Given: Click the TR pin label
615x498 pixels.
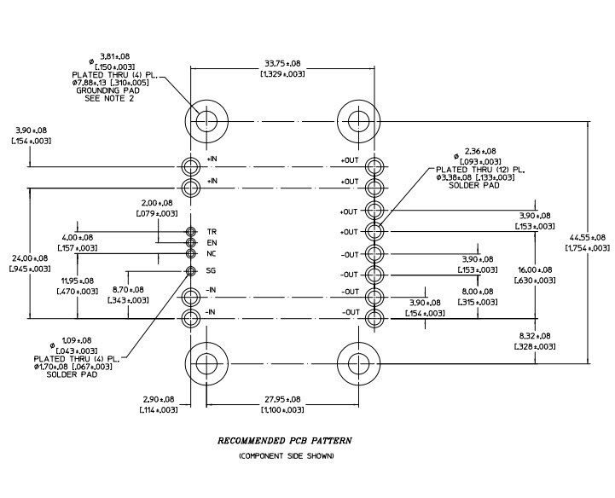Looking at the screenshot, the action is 212,232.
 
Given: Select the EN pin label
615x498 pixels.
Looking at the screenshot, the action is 212,243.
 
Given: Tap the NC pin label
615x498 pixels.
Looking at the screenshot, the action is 212,254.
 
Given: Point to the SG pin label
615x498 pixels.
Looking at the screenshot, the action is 211,270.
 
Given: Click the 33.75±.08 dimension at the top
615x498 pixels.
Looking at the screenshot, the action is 283,63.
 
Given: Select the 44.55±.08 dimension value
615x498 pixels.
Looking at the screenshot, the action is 587,237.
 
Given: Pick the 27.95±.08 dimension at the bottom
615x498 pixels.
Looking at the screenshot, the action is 282,399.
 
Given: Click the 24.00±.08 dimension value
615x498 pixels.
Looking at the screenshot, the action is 30,258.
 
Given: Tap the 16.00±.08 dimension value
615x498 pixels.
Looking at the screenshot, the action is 535,269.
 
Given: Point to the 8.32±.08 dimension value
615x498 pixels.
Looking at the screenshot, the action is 535,336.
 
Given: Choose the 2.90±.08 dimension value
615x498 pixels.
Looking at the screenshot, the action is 159,399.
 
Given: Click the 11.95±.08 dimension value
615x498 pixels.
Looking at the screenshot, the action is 78,281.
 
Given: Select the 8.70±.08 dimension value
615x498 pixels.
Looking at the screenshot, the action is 128,290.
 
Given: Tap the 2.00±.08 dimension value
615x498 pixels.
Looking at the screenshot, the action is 157,203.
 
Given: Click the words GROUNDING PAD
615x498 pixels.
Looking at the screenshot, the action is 107,90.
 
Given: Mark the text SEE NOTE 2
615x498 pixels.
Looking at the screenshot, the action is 109,98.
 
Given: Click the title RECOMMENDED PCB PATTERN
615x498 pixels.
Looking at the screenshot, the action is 285,441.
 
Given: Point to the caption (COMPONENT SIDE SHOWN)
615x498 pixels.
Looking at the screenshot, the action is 287,455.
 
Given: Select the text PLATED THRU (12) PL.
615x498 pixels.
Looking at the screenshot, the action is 480,170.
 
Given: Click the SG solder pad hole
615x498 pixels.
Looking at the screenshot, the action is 190,271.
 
